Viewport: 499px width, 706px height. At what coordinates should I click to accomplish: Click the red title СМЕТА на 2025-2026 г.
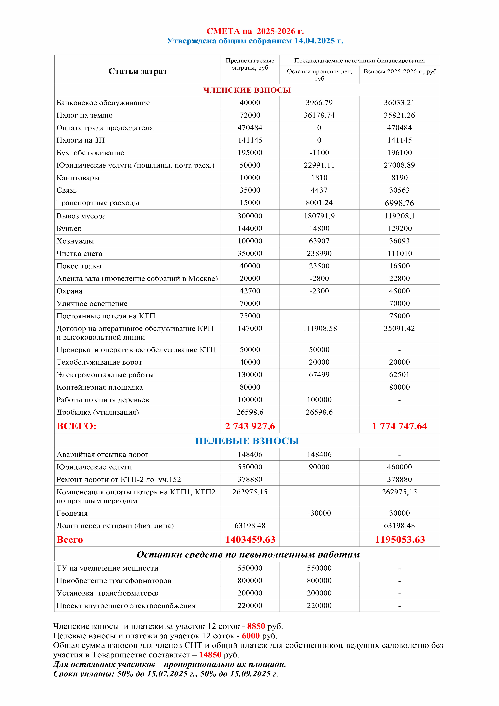tap(255, 31)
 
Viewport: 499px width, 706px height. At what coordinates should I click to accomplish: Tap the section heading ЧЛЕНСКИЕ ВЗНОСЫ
tap(247, 90)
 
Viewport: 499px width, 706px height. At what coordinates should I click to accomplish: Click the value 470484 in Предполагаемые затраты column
tap(250, 128)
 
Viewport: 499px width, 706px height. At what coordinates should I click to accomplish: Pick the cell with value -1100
tap(319, 153)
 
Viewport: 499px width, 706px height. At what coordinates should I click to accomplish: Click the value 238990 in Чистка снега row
tap(319, 253)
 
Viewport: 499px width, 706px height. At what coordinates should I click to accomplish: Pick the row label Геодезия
tap(72, 513)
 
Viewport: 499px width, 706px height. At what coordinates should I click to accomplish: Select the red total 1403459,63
tap(250, 539)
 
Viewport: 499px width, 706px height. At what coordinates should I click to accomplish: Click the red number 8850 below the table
tap(256, 626)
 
